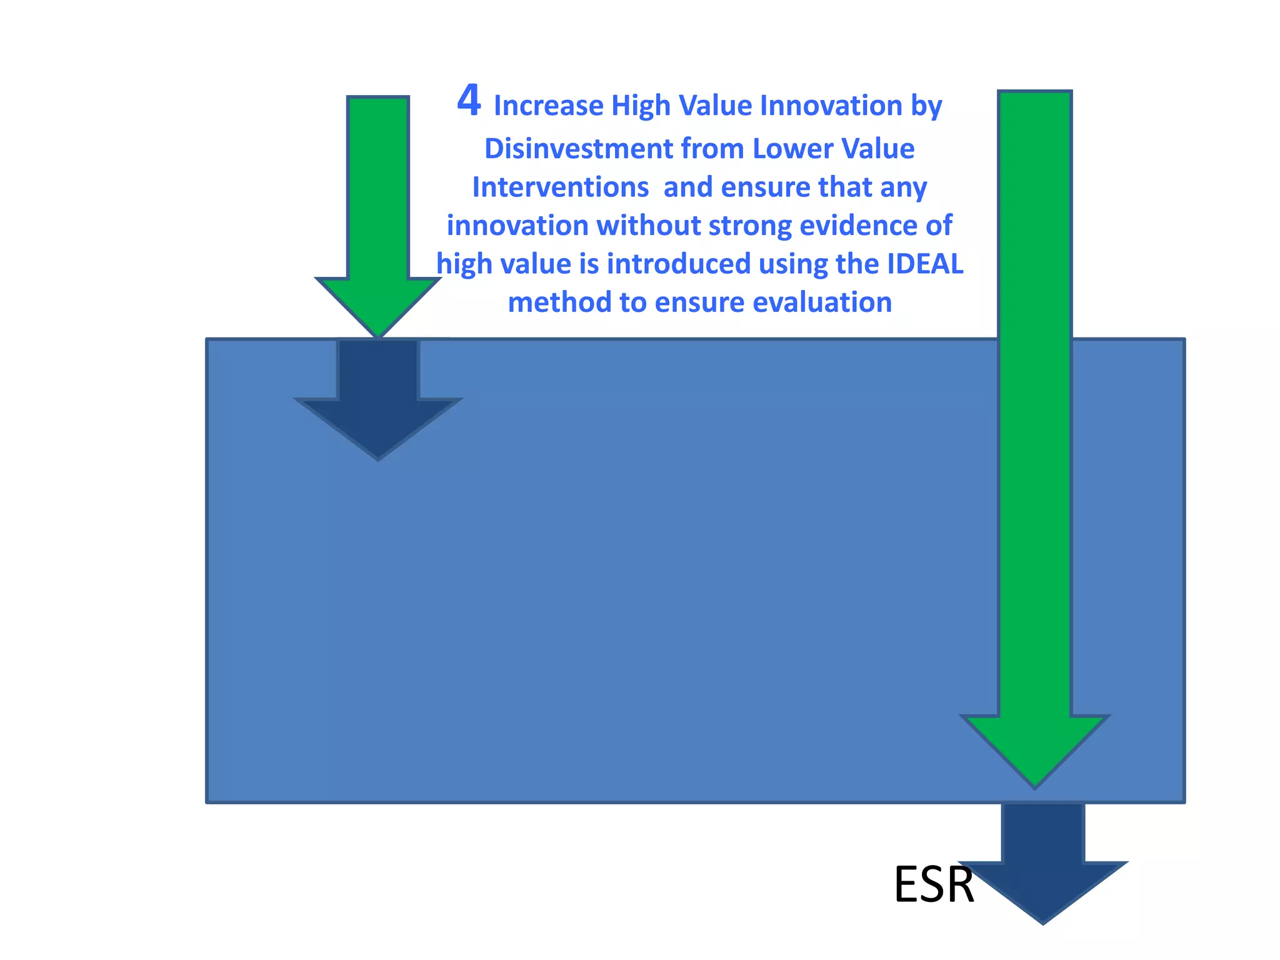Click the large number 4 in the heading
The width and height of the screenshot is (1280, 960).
point(469,101)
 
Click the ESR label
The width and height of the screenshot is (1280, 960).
point(934,885)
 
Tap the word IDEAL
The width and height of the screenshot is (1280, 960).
point(925,264)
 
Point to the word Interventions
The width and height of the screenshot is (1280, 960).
point(560,187)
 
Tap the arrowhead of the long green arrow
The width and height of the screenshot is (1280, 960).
point(1034,747)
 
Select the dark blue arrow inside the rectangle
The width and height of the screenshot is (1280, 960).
point(378,406)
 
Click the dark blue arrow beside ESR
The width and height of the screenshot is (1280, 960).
point(1042,875)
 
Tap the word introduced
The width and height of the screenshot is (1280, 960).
point(679,264)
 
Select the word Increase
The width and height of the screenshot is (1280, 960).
point(548,106)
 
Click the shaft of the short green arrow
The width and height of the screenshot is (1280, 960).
point(378,187)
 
